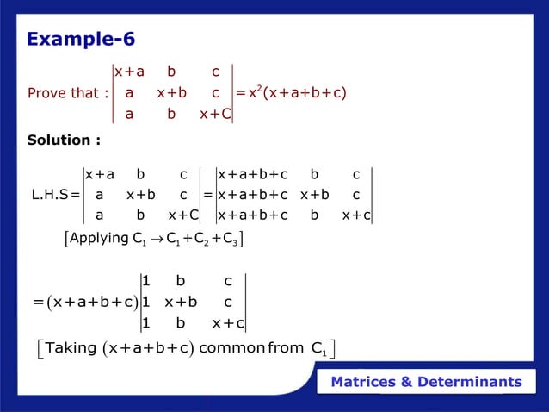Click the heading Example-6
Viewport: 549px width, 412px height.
coord(81,40)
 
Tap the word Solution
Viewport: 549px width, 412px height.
coord(60,140)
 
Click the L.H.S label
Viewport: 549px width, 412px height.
coord(48,195)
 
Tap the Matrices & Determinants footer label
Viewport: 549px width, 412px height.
coord(427,382)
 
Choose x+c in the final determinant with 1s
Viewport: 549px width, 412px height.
coord(228,323)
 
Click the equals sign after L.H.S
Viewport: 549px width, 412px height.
coord(75,195)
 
